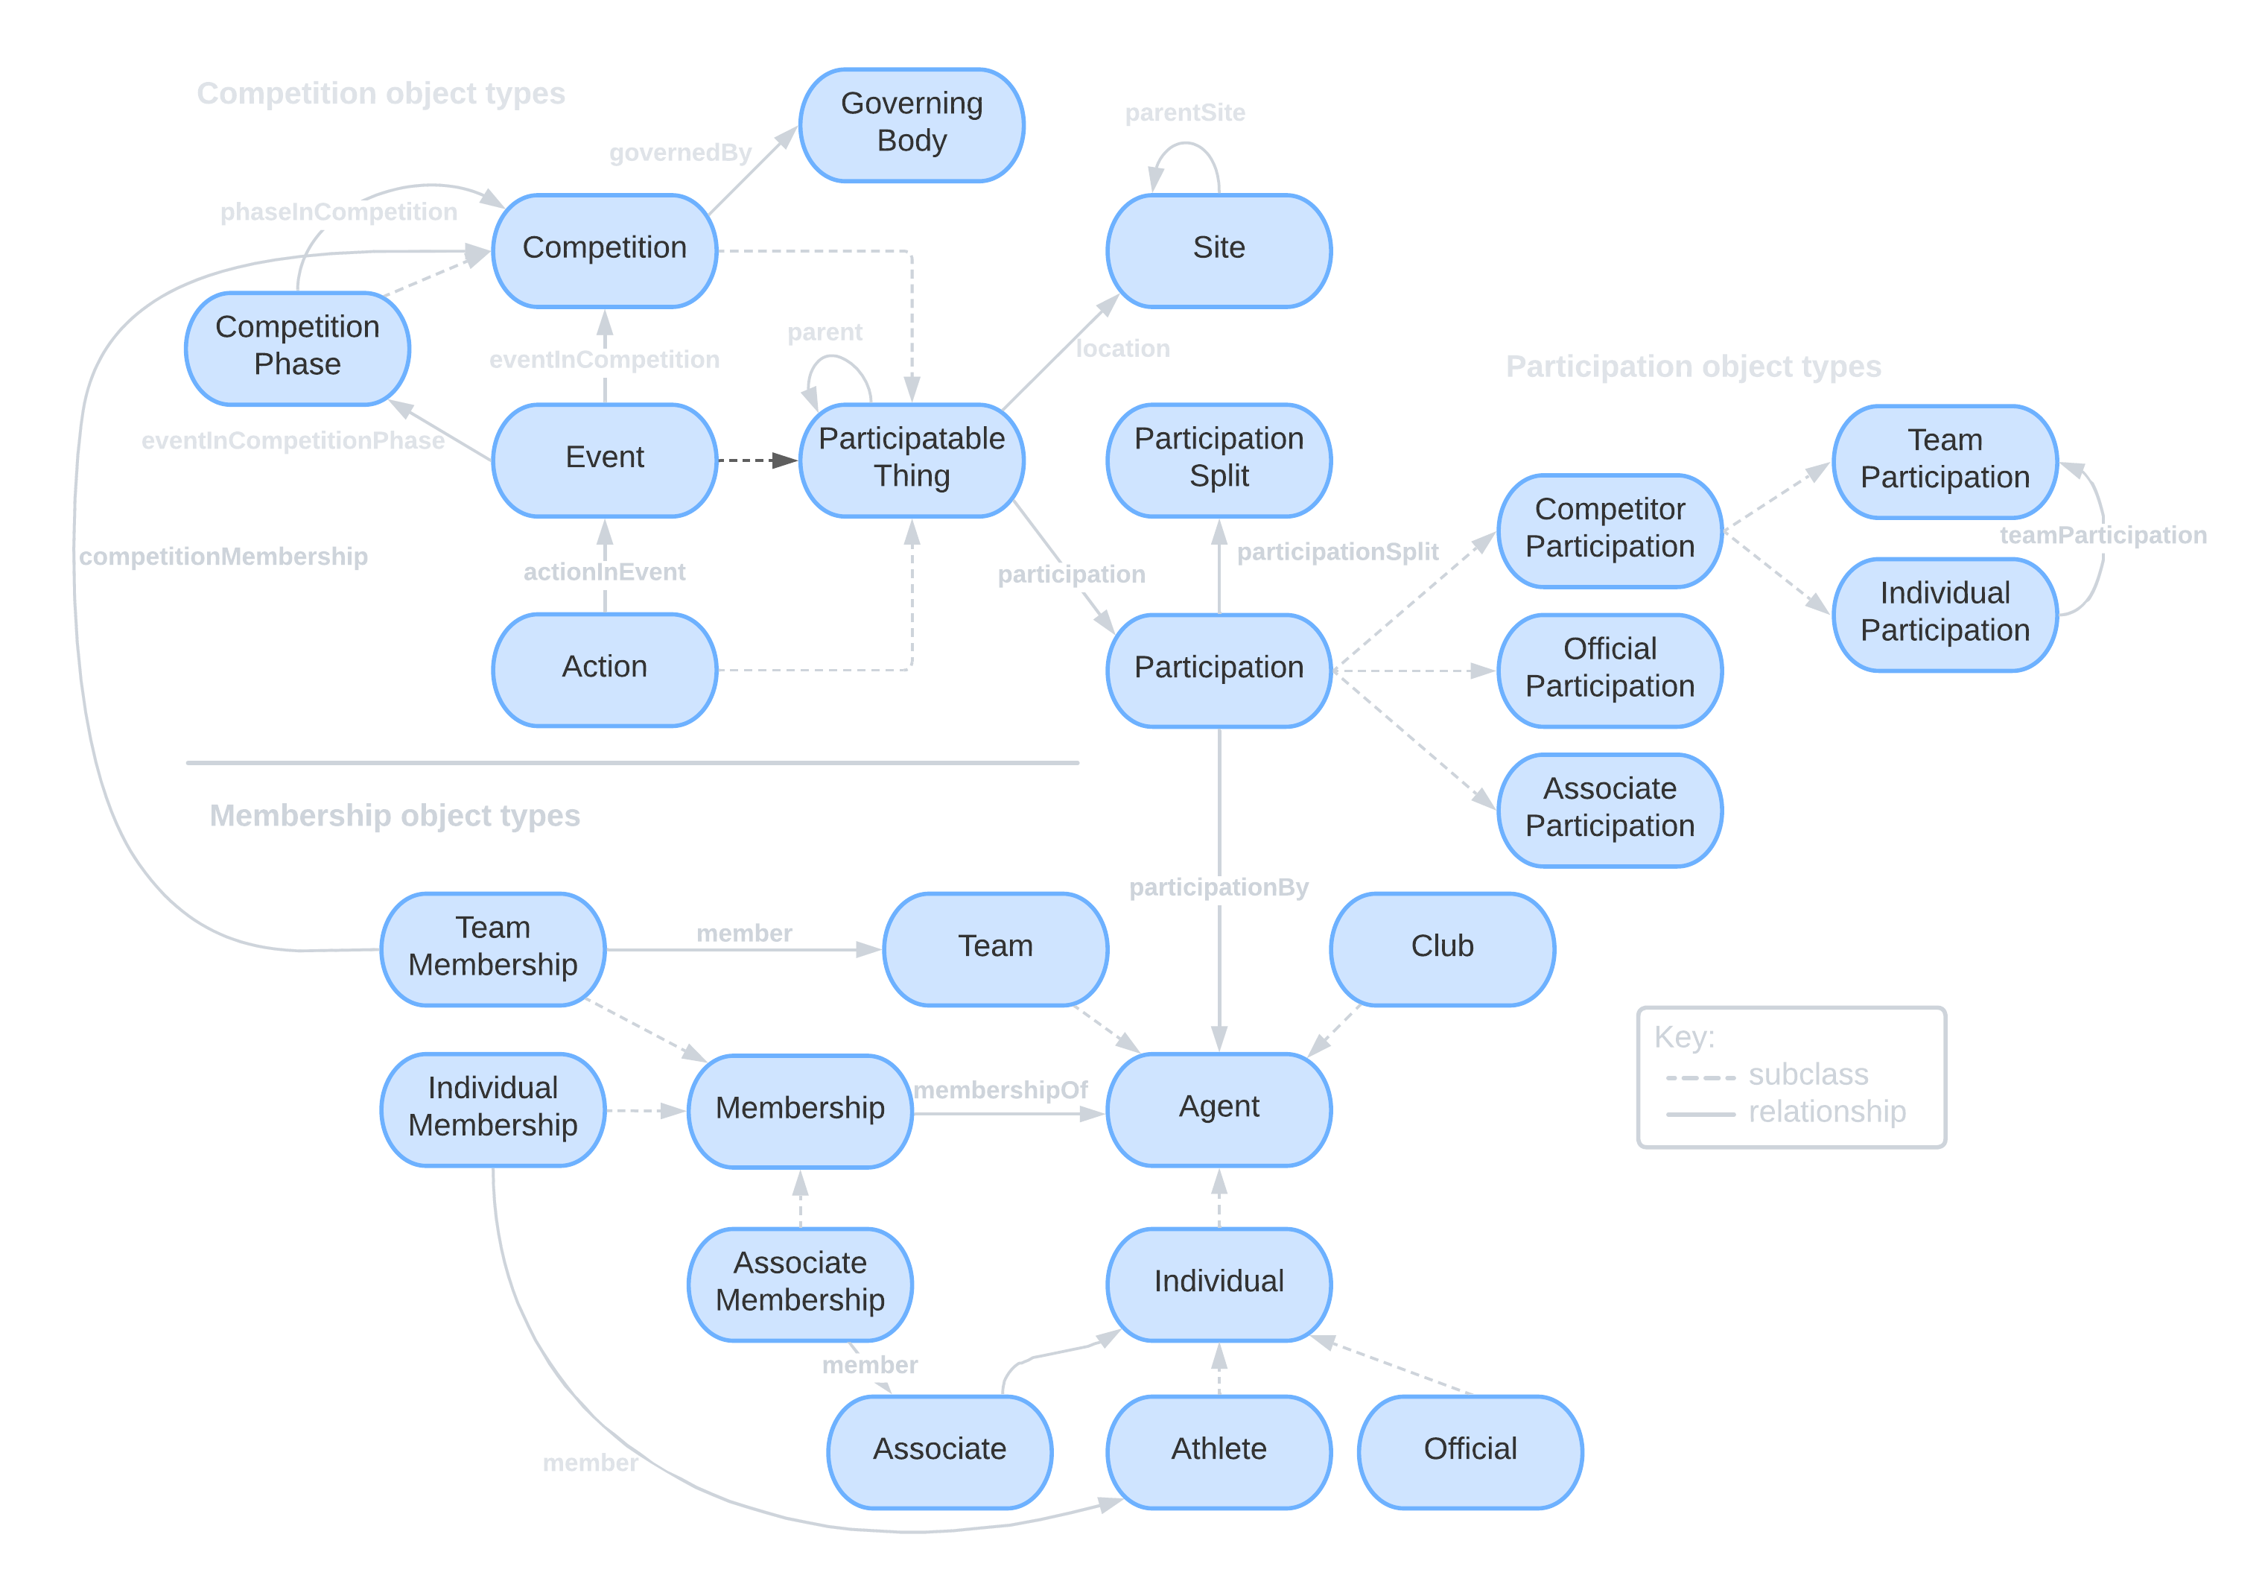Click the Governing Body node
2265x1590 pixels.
(912, 124)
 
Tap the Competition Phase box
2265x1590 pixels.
(297, 347)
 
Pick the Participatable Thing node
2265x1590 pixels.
(912, 459)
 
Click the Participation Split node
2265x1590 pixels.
(1219, 459)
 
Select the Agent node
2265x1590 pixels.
(1219, 1107)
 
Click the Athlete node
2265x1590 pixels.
(1219, 1450)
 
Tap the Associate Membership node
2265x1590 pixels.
(800, 1283)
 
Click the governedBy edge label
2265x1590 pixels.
(680, 153)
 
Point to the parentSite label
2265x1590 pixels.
(1185, 113)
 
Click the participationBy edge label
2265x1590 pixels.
(1219, 887)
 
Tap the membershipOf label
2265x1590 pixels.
(1000, 1091)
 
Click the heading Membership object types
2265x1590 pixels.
(395, 816)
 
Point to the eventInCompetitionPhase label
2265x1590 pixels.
(293, 441)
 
